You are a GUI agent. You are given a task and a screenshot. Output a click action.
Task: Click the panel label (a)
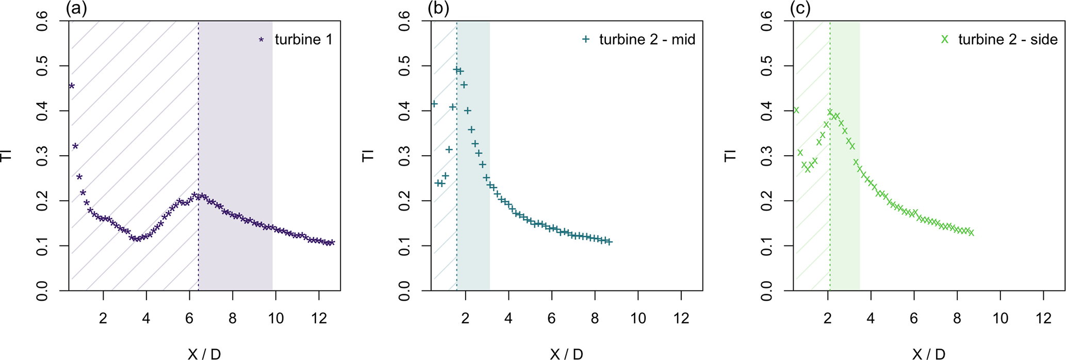(x=76, y=8)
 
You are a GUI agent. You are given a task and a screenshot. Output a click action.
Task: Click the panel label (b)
(x=438, y=8)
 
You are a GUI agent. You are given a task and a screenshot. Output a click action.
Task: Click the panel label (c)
(x=800, y=8)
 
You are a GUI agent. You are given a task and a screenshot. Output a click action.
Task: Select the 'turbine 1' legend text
(x=303, y=40)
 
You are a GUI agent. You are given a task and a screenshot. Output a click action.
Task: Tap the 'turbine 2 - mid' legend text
(x=647, y=40)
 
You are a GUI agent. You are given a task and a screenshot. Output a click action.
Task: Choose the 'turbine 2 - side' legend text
(x=1008, y=40)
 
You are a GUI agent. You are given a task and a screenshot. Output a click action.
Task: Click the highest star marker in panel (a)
(x=72, y=86)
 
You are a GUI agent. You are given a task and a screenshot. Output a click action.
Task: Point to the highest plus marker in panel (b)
(x=456, y=70)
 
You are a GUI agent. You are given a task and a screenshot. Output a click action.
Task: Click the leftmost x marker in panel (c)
(x=796, y=110)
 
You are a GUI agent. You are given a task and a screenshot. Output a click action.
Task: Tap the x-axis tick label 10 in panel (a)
(x=276, y=319)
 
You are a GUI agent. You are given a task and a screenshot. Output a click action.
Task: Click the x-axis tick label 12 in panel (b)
(x=681, y=319)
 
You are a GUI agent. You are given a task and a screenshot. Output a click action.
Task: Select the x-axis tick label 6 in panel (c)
(x=914, y=319)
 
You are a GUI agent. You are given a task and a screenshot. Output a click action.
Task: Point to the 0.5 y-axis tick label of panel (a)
(x=42, y=66)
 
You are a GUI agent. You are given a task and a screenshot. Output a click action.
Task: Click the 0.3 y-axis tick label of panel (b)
(x=404, y=156)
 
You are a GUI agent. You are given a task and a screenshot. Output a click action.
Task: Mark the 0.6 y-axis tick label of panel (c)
(x=767, y=22)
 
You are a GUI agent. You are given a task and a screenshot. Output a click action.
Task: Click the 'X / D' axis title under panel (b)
(x=566, y=354)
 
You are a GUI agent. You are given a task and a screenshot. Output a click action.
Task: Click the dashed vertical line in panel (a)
(x=199, y=155)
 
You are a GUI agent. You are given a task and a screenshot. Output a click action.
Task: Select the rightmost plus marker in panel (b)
(x=609, y=241)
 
